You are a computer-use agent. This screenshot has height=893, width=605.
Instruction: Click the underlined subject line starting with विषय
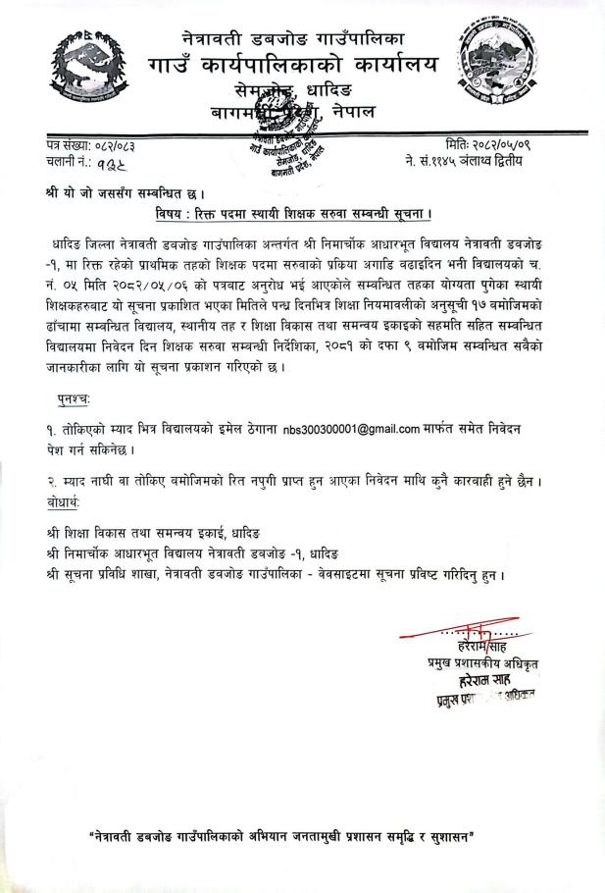(309, 213)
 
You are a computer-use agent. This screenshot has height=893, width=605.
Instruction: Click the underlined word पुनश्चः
(75, 400)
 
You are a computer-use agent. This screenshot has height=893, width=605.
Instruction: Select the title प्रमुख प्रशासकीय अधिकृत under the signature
(476, 664)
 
